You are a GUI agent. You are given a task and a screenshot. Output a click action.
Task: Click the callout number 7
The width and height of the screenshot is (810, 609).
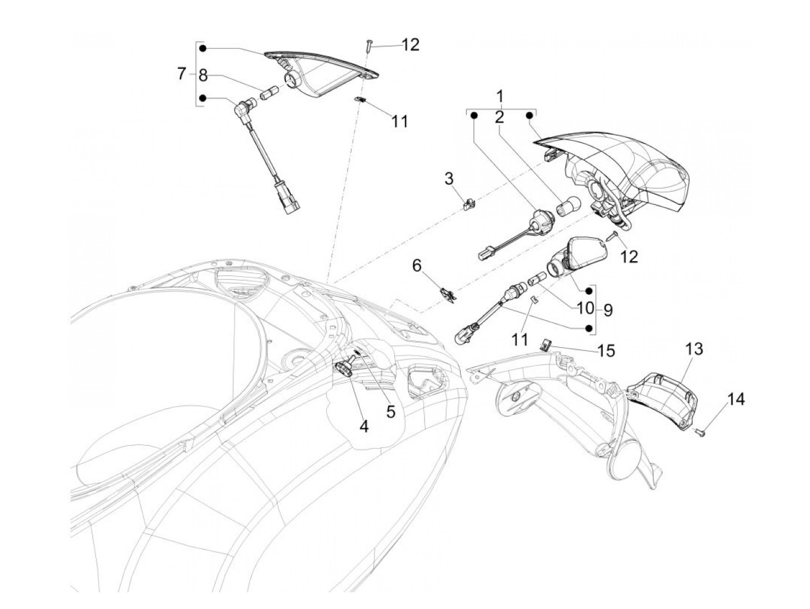click(181, 74)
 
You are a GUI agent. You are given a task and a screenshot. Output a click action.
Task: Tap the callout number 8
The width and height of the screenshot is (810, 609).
click(203, 76)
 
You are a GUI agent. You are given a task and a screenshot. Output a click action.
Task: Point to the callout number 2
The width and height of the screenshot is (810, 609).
click(499, 118)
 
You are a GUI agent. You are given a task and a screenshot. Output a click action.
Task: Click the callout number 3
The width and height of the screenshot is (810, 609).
click(448, 179)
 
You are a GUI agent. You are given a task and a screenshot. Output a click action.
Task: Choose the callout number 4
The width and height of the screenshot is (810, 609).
click(363, 427)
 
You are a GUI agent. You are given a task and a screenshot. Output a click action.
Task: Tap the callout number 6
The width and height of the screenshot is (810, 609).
click(417, 265)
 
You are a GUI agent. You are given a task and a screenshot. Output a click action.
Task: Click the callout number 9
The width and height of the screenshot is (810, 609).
click(607, 310)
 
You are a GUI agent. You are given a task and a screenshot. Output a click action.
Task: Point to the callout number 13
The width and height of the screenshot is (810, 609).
click(694, 349)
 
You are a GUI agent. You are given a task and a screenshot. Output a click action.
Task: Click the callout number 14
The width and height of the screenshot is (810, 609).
click(736, 399)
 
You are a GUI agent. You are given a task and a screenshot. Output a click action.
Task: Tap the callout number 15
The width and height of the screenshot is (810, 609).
click(606, 351)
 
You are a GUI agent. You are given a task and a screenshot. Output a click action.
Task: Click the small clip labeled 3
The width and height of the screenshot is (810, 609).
click(469, 204)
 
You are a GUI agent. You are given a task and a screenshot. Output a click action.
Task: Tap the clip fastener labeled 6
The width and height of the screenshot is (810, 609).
click(448, 295)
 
